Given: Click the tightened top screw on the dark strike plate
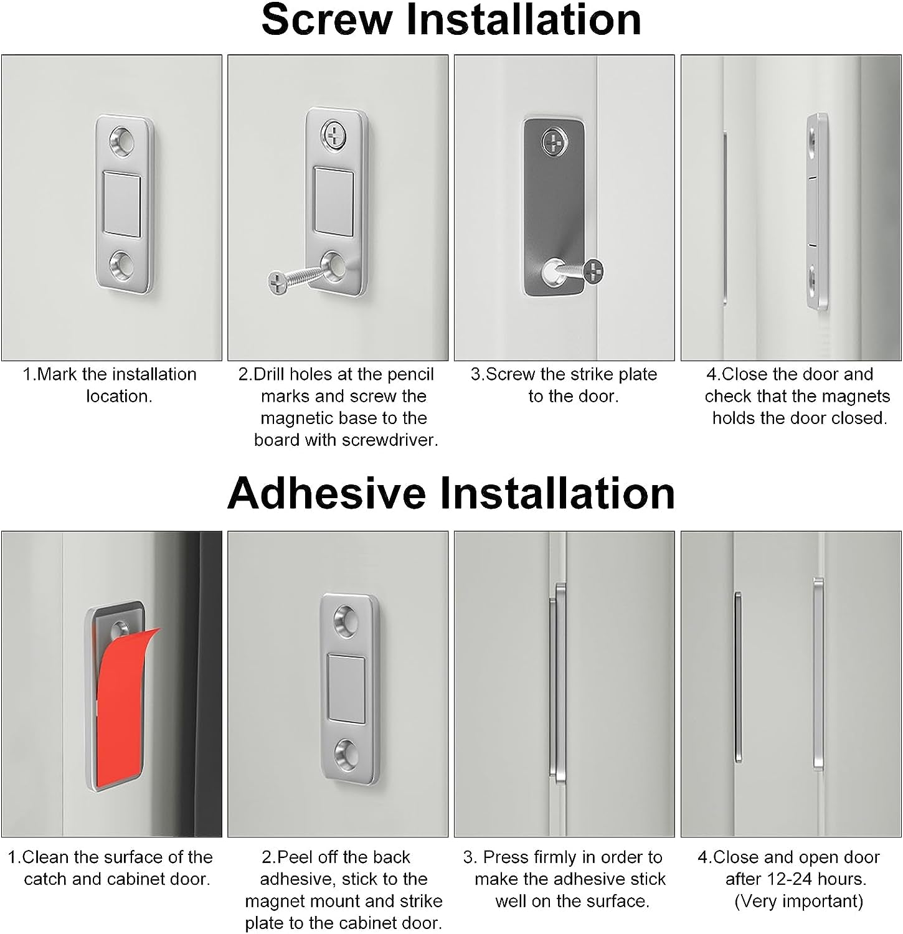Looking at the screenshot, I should click(x=553, y=141).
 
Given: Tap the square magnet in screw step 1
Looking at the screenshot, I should click(x=123, y=204).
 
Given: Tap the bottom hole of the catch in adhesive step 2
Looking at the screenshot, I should click(x=348, y=753).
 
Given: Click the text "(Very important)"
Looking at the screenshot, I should click(x=799, y=901).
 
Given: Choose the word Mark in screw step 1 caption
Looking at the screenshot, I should click(x=58, y=375).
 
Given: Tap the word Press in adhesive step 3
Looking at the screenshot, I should click(x=505, y=857).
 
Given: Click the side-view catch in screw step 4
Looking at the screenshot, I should click(x=818, y=212).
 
